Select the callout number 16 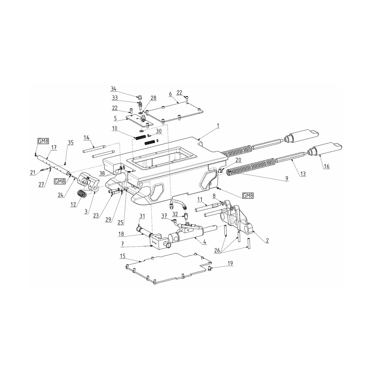point(326,166)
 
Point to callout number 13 point(303,174)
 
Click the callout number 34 point(114,89)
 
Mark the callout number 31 point(142,216)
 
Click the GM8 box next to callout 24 point(59,182)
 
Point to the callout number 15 point(122,256)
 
